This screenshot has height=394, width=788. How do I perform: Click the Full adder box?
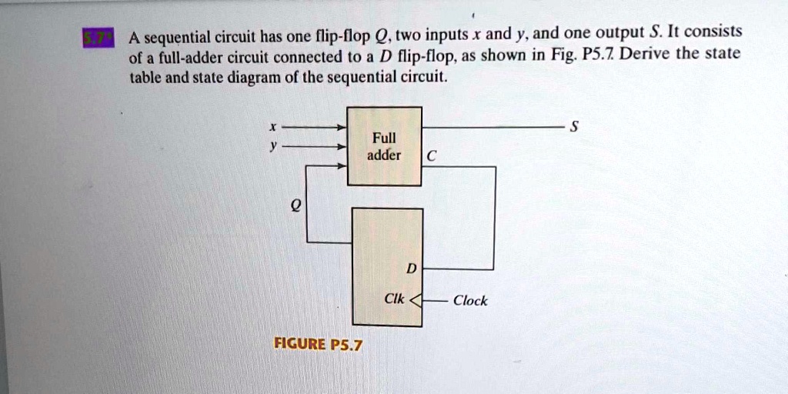pyautogui.click(x=384, y=146)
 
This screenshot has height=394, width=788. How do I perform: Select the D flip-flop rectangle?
pyautogui.click(x=387, y=266)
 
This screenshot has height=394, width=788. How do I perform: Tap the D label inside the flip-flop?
pyautogui.click(x=410, y=269)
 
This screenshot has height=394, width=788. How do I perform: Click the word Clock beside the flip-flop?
pyautogui.click(x=469, y=301)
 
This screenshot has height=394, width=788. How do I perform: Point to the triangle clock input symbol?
pyautogui.click(x=416, y=301)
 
